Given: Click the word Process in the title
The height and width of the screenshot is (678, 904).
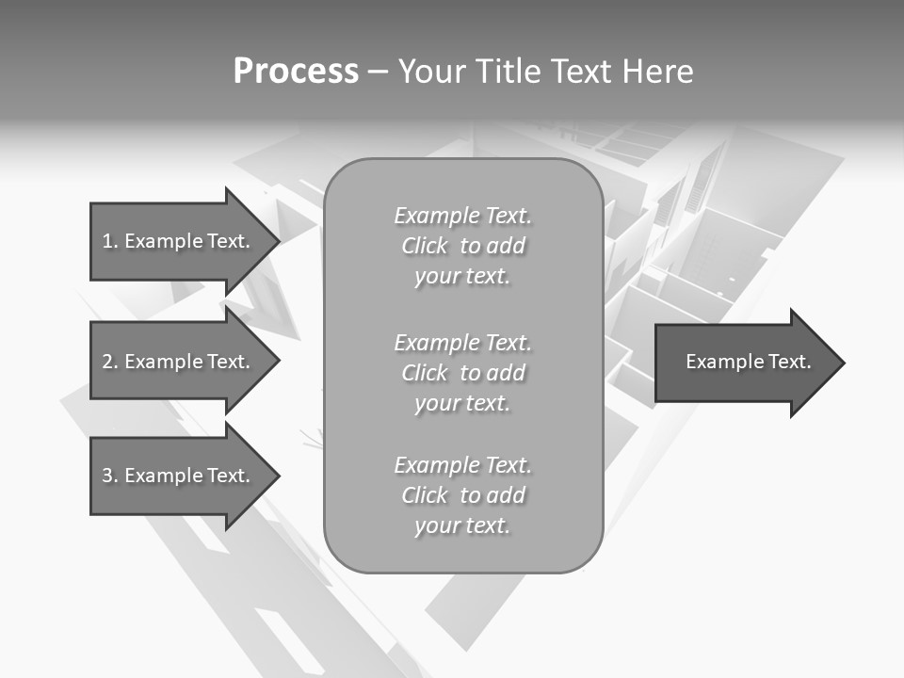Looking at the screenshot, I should point(296,72).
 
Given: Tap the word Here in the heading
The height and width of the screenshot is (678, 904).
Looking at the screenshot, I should point(656,72).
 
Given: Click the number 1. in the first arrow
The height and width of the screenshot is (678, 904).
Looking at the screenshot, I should point(109,241).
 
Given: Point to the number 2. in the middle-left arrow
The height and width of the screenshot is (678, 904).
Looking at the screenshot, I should point(109,362).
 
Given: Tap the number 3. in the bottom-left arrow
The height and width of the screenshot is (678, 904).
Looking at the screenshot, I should point(109,476).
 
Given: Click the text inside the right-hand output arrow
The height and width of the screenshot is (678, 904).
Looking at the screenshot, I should point(748,362).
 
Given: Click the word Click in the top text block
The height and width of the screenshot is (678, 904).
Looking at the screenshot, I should point(424,247).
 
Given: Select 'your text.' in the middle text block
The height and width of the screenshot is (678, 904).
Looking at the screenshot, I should point(462,404).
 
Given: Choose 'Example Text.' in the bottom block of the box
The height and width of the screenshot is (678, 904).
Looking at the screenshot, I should point(462,465).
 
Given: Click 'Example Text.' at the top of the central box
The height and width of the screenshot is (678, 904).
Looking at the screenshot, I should point(462,216).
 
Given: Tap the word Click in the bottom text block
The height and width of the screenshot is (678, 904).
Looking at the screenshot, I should point(424,496).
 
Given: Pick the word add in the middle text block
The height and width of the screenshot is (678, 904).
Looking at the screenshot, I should point(507,373).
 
